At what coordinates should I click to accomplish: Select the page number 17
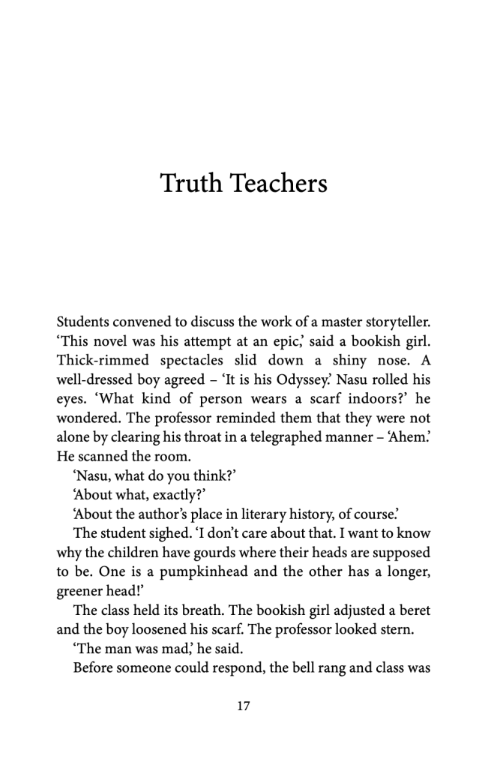[x=243, y=706]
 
